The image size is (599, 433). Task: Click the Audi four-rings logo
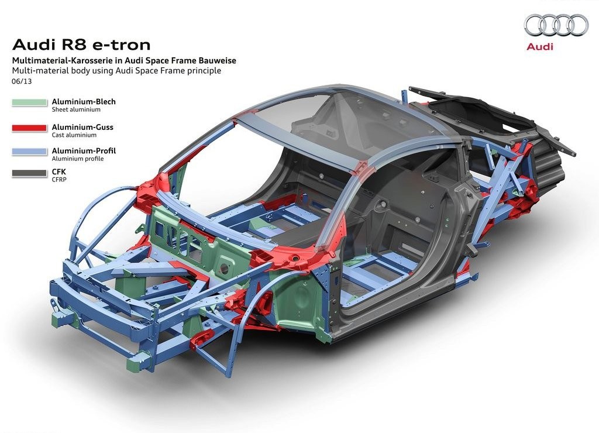556,25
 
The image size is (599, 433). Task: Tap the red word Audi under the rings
539,47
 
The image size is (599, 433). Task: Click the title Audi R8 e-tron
81,45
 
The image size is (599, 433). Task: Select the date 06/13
22,81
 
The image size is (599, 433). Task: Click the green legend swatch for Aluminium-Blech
29,103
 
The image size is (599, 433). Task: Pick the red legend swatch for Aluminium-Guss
29,128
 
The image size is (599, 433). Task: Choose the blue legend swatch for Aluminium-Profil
29,152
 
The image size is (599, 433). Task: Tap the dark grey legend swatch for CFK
29,173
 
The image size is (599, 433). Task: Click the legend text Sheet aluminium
76,109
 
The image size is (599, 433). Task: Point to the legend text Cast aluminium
74,135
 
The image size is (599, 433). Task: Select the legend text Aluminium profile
78,159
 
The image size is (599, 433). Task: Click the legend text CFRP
59,180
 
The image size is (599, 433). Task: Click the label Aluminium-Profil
84,151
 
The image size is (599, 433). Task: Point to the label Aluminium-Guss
82,127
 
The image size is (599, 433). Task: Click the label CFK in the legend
59,172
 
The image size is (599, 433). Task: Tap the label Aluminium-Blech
84,102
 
